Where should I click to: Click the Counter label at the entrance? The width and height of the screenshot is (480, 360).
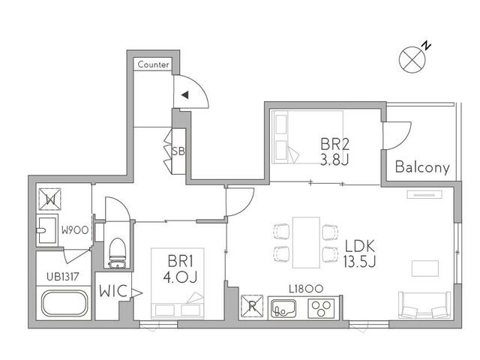(153, 64)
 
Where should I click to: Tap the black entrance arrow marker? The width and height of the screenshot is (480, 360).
(185, 95)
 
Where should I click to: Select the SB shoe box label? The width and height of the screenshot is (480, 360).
(178, 151)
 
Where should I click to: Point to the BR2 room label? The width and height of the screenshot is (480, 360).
(334, 144)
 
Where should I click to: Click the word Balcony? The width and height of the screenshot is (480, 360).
(422, 167)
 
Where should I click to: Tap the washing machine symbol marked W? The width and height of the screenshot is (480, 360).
(50, 199)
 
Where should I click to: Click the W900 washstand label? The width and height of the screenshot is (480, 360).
(75, 230)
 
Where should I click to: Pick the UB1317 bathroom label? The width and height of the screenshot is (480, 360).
(63, 277)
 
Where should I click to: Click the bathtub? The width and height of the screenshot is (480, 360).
(64, 303)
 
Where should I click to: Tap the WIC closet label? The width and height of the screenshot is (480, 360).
(113, 291)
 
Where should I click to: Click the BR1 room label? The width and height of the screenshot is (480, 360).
(181, 262)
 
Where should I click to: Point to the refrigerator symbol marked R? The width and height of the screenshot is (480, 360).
(252, 306)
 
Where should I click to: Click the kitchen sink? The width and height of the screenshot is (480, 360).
(283, 308)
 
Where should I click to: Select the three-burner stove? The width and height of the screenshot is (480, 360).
(321, 308)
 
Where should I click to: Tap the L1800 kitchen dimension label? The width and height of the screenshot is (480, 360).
(306, 289)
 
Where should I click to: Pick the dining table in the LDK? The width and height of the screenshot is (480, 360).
(306, 242)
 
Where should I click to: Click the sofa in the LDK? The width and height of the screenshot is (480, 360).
(424, 304)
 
